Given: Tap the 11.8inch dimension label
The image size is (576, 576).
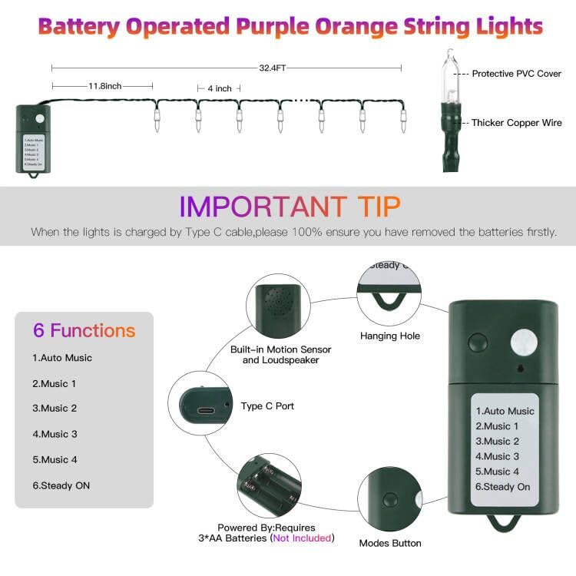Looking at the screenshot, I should pyautogui.click(x=104, y=85).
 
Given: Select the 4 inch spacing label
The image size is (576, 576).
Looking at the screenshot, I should pyautogui.click(x=220, y=89).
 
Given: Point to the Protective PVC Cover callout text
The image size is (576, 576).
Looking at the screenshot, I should pyautogui.click(x=517, y=74).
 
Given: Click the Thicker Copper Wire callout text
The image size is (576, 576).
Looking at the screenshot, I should pyautogui.click(x=516, y=123).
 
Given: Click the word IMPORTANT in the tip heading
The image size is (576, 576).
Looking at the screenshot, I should pyautogui.click(x=263, y=207).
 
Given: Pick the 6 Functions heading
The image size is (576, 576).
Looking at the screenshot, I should pyautogui.click(x=84, y=331).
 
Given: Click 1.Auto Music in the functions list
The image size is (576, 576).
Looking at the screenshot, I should pyautogui.click(x=61, y=358).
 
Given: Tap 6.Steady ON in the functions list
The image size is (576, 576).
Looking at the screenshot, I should pyautogui.click(x=61, y=486).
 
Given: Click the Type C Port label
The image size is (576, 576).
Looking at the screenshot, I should pyautogui.click(x=267, y=406).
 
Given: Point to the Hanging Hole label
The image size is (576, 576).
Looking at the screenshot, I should pyautogui.click(x=390, y=336).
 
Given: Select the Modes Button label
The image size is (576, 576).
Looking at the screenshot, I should pyautogui.click(x=390, y=544).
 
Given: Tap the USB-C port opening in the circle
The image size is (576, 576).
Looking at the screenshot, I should pyautogui.click(x=206, y=411).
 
